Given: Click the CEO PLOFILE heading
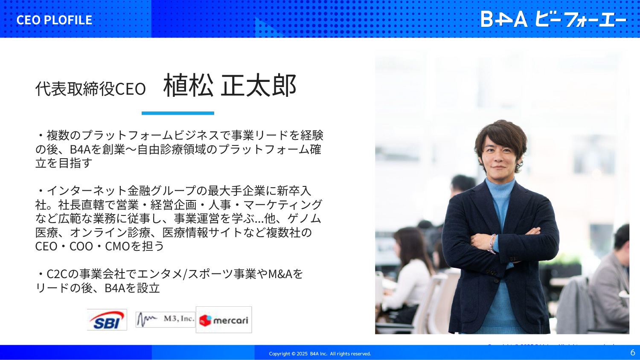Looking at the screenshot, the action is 54,20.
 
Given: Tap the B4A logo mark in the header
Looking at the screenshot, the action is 504,19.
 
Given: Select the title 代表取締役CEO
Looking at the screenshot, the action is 90,89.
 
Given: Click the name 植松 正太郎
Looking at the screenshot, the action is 230,85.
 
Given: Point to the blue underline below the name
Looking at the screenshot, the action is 178,113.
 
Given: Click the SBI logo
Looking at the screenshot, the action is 107,320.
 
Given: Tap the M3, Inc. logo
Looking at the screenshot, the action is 166,319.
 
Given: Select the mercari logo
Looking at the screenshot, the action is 224,320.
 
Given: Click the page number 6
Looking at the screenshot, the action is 633,352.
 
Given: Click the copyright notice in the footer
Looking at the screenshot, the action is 320,354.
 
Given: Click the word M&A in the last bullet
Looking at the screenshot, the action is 280,274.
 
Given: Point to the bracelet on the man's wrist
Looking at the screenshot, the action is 492,244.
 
